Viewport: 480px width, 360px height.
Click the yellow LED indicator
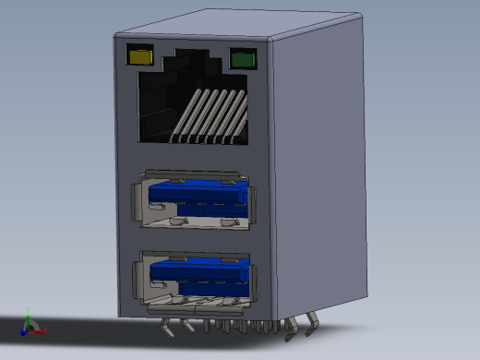[x=140, y=56]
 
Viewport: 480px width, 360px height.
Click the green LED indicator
[x=243, y=60]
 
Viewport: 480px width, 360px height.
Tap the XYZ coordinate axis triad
[x=30, y=326]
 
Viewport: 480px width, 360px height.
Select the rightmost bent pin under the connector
[x=311, y=319]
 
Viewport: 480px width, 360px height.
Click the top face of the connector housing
[x=240, y=26]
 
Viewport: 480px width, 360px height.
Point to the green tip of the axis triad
[x=29, y=312]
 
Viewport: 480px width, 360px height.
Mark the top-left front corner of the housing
[x=114, y=37]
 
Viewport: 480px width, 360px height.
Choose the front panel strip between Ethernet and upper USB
[x=194, y=157]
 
